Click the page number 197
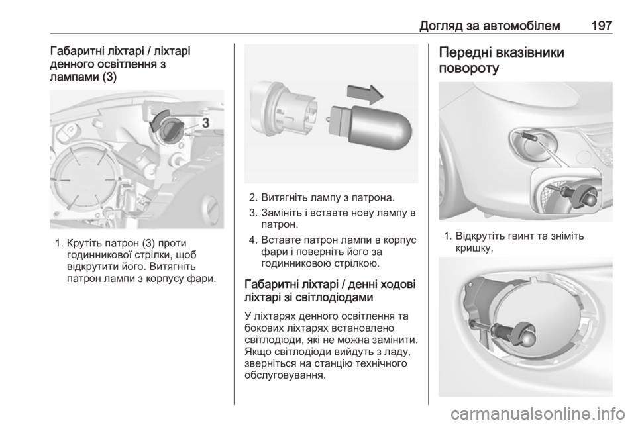pos(601,26)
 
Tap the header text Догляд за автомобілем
pos(490,26)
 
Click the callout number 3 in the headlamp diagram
pos(205,122)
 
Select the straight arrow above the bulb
pos(365,95)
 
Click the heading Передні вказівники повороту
pos(502,60)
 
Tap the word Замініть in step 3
pos(283,212)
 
